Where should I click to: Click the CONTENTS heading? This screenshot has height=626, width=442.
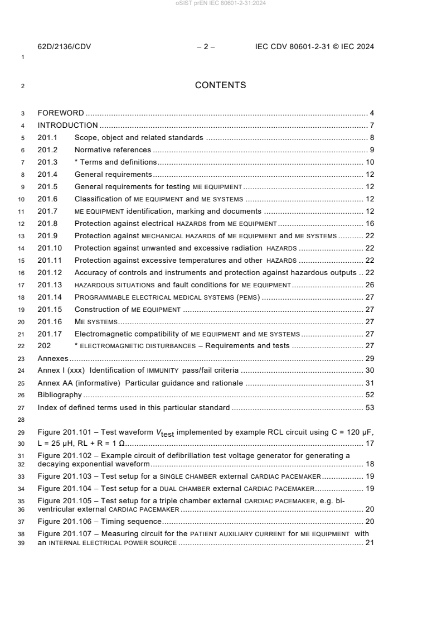pyautogui.click(x=221, y=85)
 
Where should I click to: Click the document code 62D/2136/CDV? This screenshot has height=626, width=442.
pyautogui.click(x=64, y=47)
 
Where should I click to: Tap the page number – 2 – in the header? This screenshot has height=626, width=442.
pyautogui.click(x=206, y=47)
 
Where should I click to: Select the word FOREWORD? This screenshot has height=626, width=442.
pyautogui.click(x=61, y=113)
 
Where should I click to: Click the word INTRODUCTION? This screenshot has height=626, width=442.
pyautogui.click(x=67, y=125)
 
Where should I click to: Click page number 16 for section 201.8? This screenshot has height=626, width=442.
pyautogui.click(x=369, y=223)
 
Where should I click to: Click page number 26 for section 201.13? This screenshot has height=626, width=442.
pyautogui.click(x=369, y=285)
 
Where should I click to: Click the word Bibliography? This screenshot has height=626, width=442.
pyautogui.click(x=59, y=395)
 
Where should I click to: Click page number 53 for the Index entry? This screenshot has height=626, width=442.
pyautogui.click(x=369, y=407)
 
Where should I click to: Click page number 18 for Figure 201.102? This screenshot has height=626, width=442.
pyautogui.click(x=369, y=464)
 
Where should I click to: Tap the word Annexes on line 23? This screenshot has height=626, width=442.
pyautogui.click(x=52, y=358)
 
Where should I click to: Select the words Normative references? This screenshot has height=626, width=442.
pyautogui.click(x=113, y=150)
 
